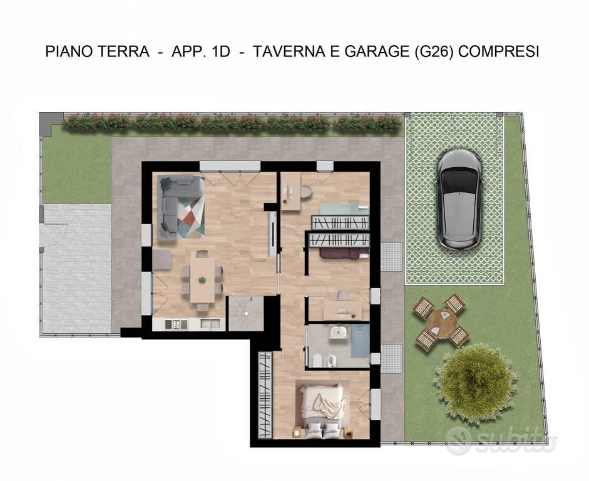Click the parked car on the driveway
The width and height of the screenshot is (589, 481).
coord(459,199)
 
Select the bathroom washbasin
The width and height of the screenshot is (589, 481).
coord(339,333)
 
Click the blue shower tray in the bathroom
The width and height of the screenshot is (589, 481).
coord(360,341)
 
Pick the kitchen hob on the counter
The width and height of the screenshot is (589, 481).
coord(176,324)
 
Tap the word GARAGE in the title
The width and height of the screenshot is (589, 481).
coord(377,51)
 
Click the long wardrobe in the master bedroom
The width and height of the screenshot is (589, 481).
coord(265,395)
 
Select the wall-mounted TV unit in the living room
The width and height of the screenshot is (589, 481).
coord(272,234)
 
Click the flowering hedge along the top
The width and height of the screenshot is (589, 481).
coord(232,123)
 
